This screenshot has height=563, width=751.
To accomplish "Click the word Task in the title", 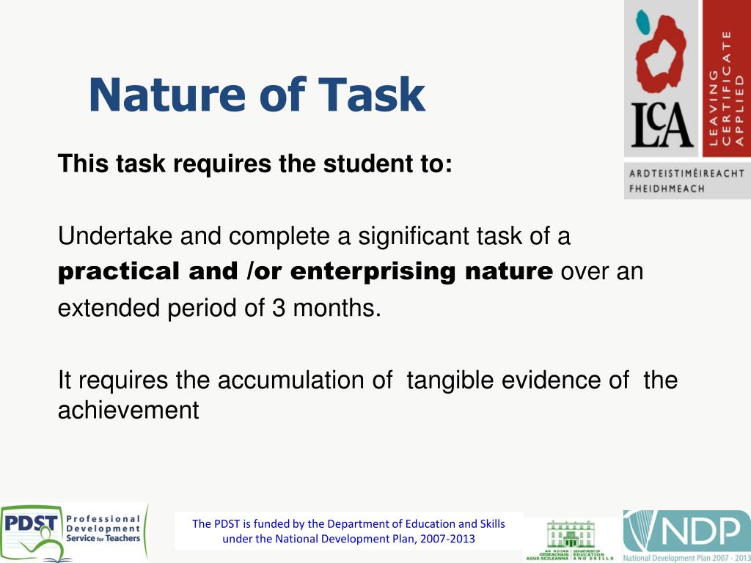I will click(372, 95).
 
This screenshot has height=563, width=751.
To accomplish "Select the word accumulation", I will click(304, 380).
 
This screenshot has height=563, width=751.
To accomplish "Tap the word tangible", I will click(450, 380).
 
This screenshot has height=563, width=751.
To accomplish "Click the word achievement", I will click(128, 410).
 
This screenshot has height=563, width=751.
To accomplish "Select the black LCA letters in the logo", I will click(662, 126).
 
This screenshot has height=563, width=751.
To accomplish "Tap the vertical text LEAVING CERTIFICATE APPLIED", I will click(726, 88).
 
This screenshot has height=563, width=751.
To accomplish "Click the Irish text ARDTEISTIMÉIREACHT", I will click(686, 174).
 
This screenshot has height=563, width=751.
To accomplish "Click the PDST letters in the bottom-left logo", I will click(31, 525).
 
